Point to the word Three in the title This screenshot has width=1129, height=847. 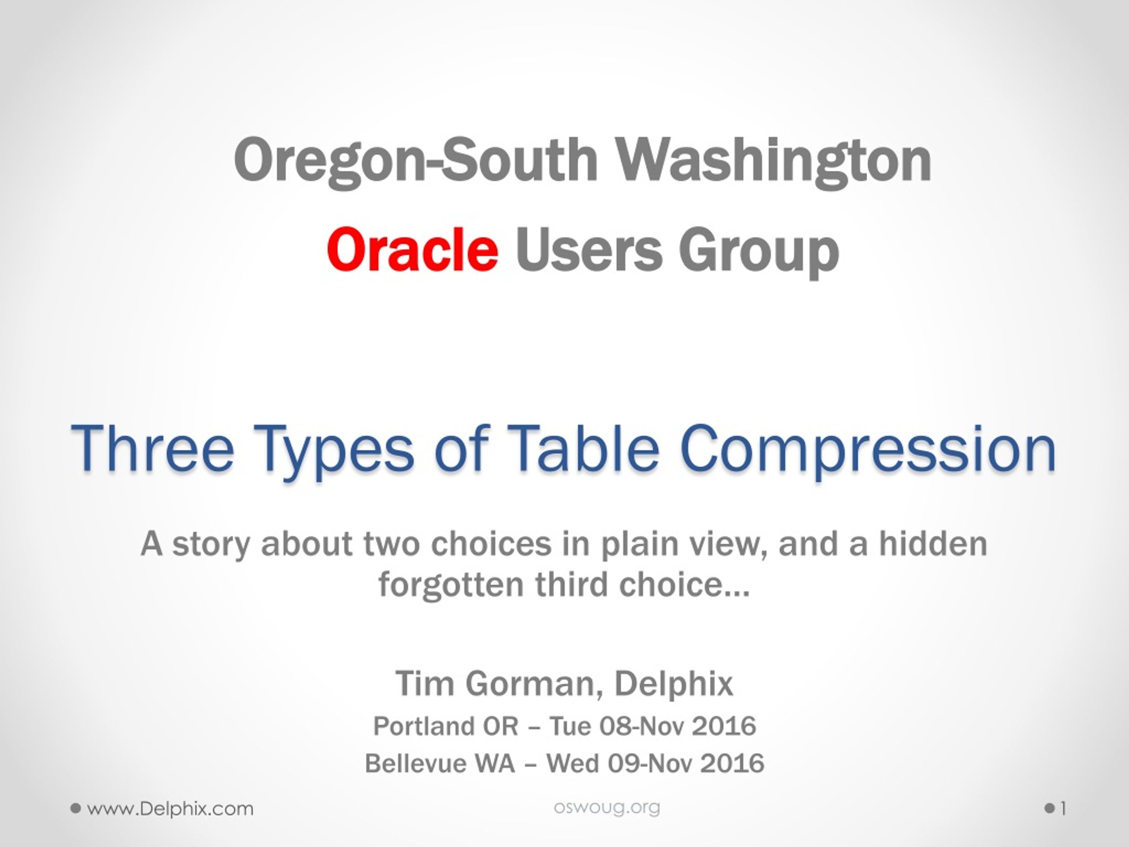click(153, 448)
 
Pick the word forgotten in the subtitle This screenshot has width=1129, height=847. click(451, 585)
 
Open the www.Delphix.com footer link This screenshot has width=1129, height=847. click(170, 809)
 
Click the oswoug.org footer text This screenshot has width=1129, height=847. click(607, 808)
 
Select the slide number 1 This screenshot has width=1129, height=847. click(1063, 809)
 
